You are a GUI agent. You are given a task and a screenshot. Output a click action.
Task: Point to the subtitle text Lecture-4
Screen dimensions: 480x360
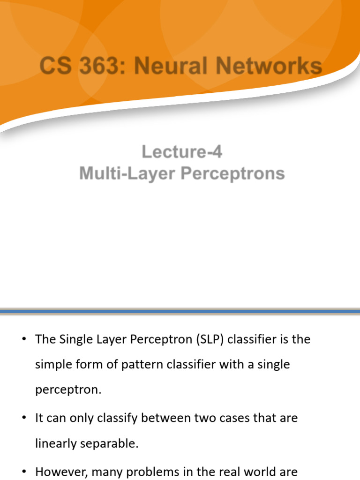(182, 152)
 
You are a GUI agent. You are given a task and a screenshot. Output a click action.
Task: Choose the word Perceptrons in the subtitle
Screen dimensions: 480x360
(233, 173)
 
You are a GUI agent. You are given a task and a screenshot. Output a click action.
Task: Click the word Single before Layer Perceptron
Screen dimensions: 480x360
(76, 339)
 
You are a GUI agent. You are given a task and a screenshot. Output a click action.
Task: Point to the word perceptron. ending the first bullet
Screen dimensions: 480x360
(68, 390)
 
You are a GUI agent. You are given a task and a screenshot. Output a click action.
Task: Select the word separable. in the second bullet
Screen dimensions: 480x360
(111, 443)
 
